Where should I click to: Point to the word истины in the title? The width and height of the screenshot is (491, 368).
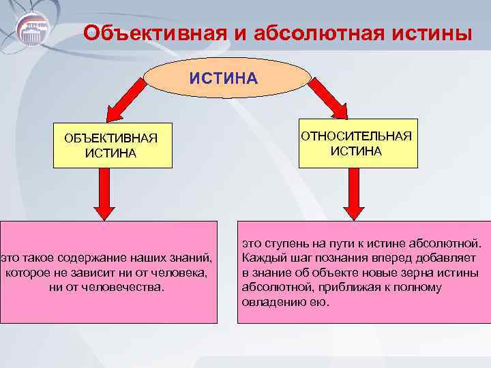pos(435,33)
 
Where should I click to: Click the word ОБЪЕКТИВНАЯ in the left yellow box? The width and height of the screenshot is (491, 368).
pos(110,138)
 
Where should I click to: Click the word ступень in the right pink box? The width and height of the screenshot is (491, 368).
pos(284,244)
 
